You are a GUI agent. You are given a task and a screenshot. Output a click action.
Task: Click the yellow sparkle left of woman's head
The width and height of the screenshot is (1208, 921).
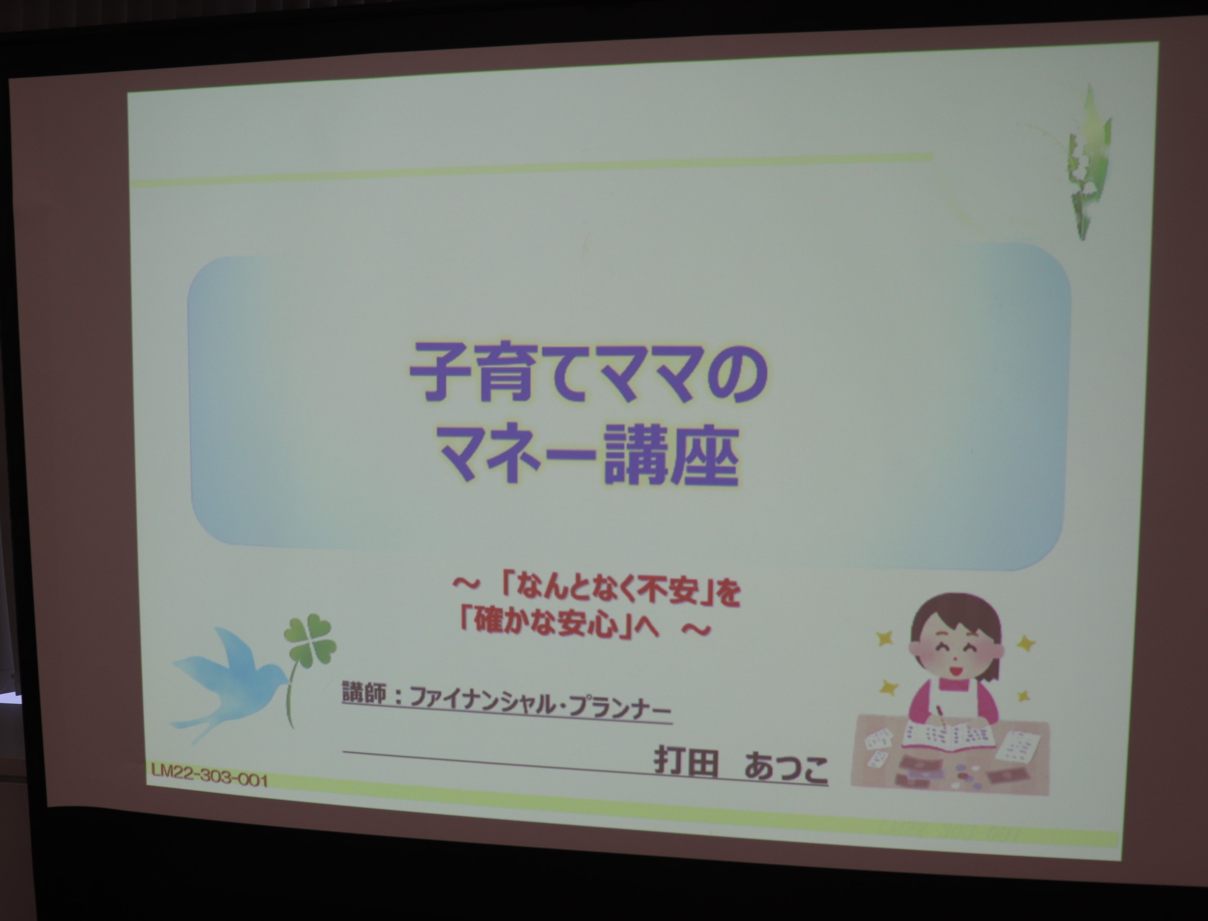[884, 638]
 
